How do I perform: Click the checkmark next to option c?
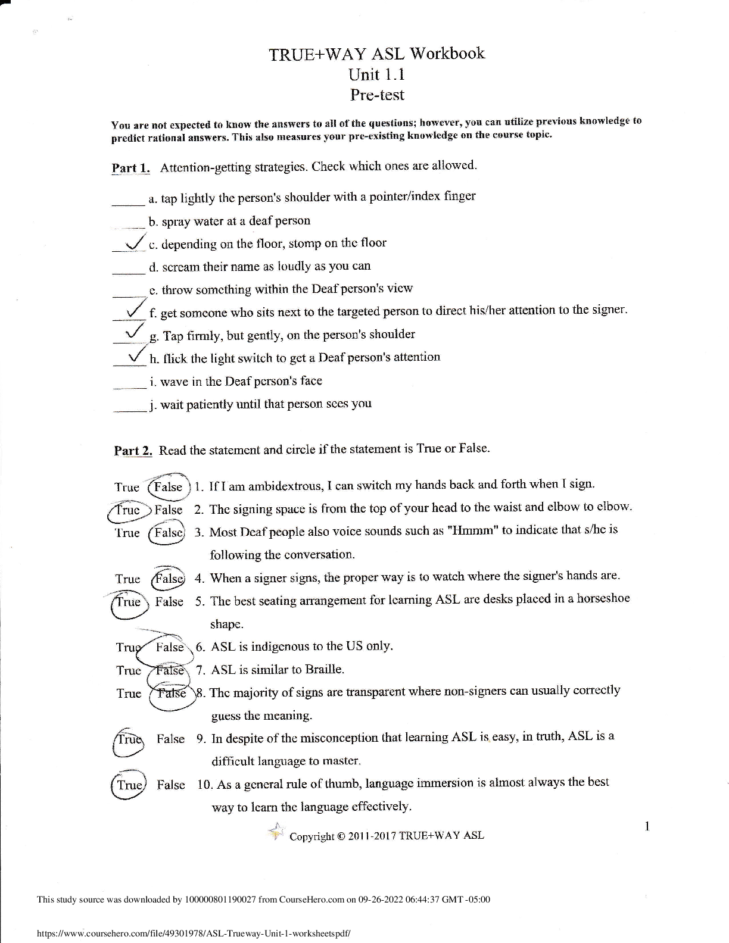135,242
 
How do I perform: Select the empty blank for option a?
129,201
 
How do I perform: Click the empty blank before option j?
129,409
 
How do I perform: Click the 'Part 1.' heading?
131,167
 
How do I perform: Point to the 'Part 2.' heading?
133,451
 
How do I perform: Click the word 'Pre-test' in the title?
376,95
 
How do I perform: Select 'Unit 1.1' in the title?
376,74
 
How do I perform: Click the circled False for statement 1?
168,487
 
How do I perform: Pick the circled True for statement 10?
129,785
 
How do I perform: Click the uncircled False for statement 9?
171,739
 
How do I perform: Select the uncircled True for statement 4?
127,579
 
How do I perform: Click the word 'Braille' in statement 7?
324,669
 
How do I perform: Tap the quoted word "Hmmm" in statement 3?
472,530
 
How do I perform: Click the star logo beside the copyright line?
276,832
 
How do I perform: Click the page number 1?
647,826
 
